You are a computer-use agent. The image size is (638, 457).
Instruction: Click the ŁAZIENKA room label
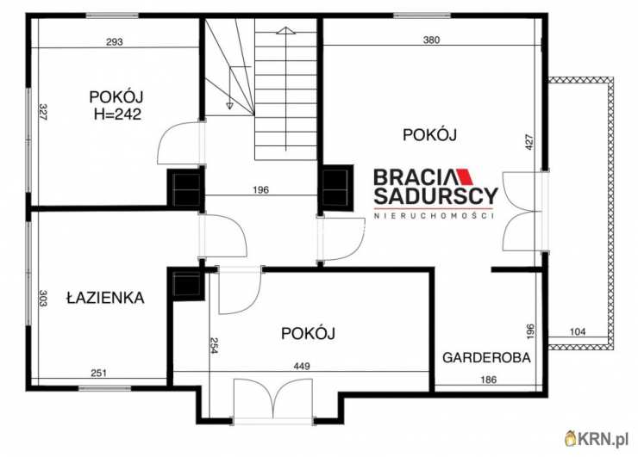104,298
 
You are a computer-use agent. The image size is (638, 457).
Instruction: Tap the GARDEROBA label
487,357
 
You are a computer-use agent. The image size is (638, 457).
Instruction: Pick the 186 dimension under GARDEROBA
487,380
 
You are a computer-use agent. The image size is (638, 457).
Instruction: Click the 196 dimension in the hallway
262,190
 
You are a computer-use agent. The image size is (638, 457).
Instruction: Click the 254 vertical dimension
215,345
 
